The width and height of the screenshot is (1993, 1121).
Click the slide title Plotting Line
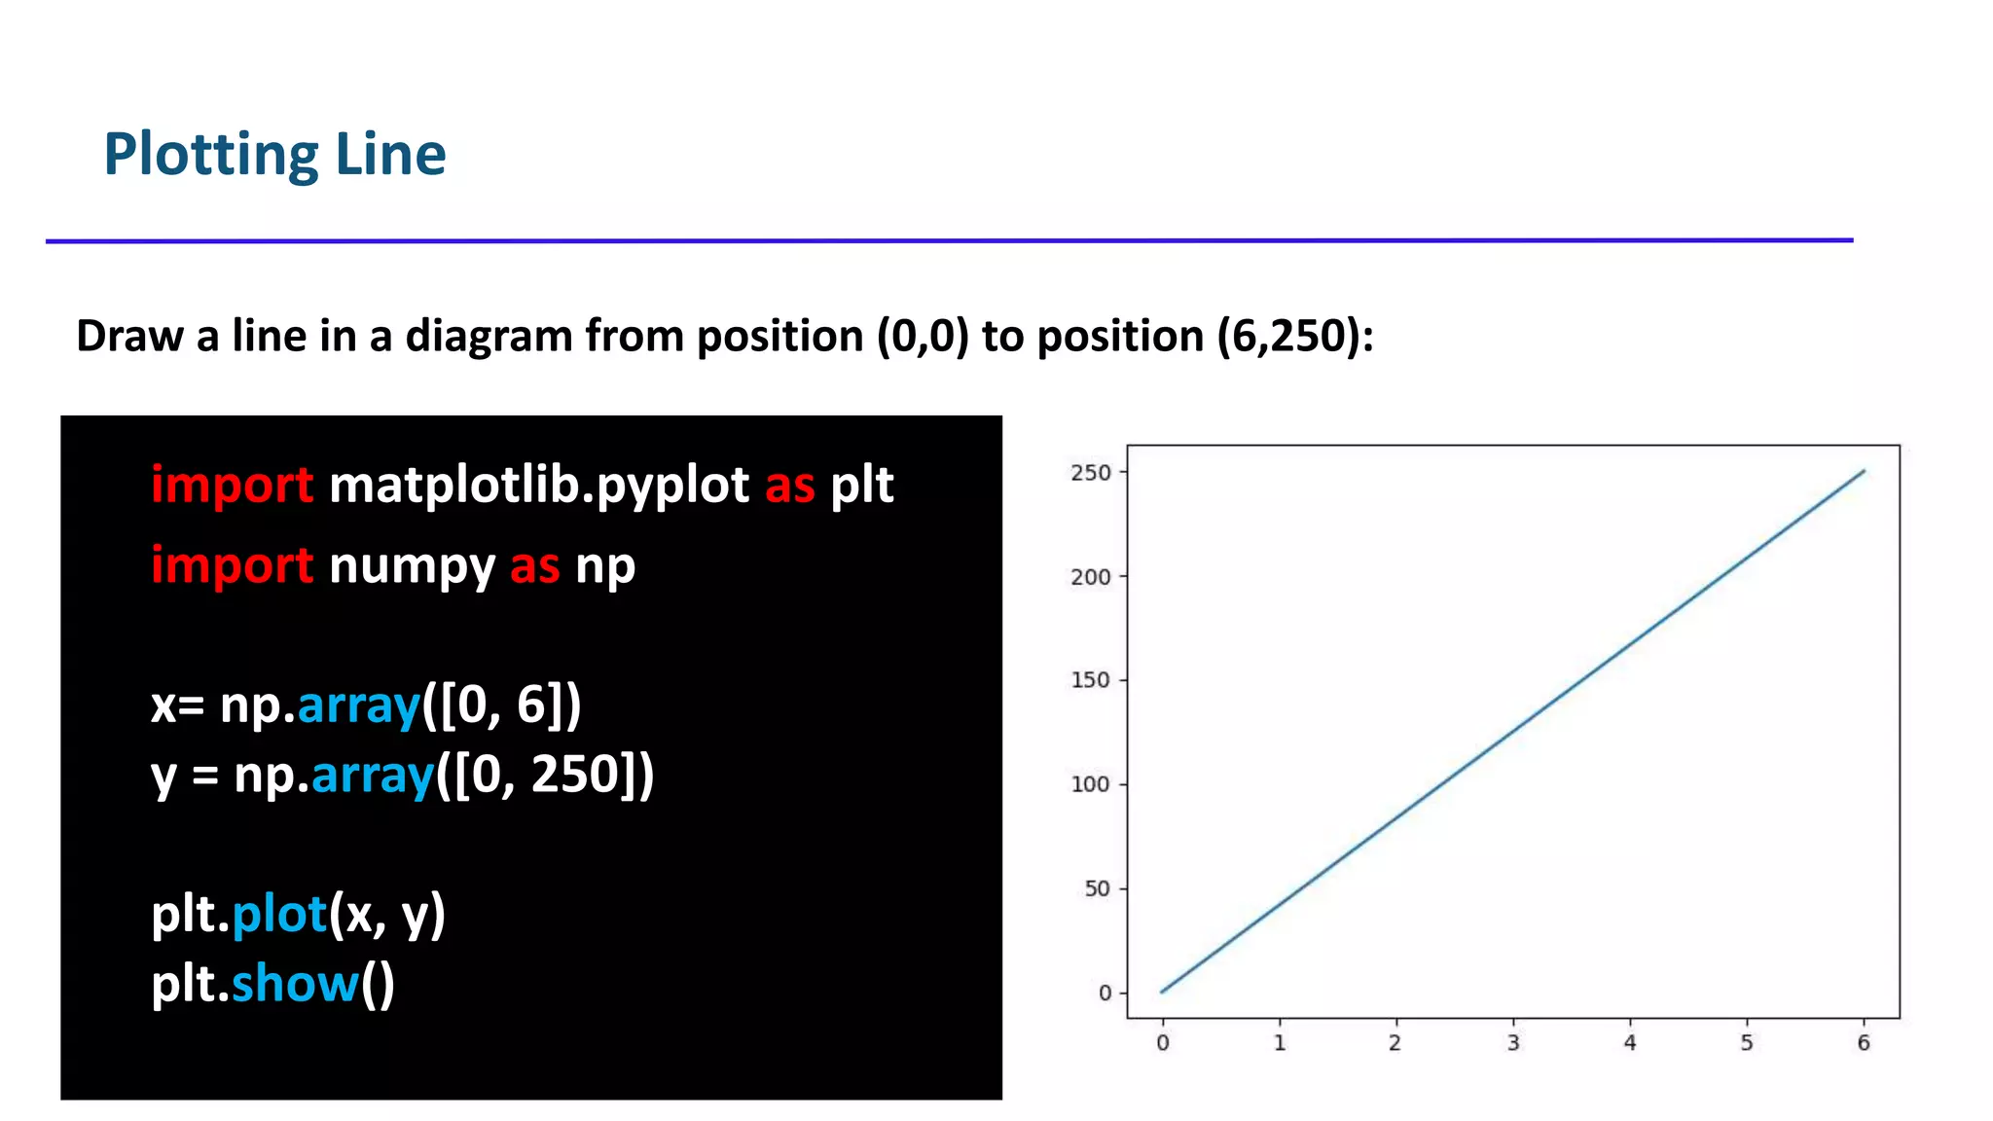pyautogui.click(x=274, y=155)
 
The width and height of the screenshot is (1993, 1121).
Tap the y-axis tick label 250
pyautogui.click(x=1090, y=473)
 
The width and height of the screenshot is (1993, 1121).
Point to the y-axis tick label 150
pyautogui.click(x=1090, y=680)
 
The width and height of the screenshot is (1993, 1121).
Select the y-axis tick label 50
pyautogui.click(x=1097, y=888)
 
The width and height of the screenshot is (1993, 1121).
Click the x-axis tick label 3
pyautogui.click(x=1513, y=1043)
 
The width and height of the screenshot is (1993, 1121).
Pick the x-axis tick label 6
pyautogui.click(x=1864, y=1043)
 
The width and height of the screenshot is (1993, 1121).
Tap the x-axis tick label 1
pyautogui.click(x=1280, y=1043)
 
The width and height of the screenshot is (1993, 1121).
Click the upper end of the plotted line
pyautogui.click(x=1864, y=471)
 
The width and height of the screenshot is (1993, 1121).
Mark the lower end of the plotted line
pyautogui.click(x=1162, y=992)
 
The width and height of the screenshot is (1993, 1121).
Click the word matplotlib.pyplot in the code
pyautogui.click(x=539, y=486)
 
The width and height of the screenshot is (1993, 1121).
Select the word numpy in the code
pyautogui.click(x=412, y=566)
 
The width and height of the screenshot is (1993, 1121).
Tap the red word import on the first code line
pyautogui.click(x=232, y=486)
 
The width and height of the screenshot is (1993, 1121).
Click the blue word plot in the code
pyautogui.click(x=279, y=914)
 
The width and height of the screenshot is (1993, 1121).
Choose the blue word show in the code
pyautogui.click(x=295, y=984)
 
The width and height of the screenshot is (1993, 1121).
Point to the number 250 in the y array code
pyautogui.click(x=575, y=775)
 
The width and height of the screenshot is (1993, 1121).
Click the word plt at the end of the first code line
pyautogui.click(x=861, y=486)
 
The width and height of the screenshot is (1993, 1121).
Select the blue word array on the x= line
pyautogui.click(x=358, y=705)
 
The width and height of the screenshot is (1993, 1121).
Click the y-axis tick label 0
pyautogui.click(x=1105, y=993)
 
